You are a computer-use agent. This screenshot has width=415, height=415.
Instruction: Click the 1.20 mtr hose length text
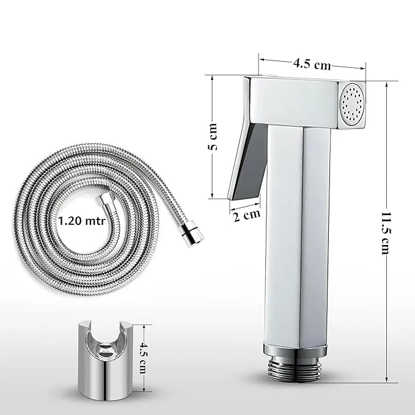click(81, 219)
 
